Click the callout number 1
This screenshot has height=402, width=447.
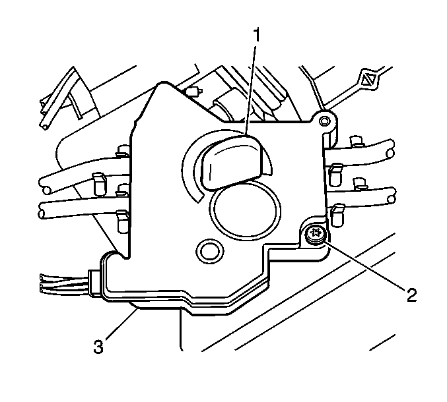[257, 35]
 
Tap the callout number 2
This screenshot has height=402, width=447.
[411, 295]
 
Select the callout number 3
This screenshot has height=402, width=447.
[98, 347]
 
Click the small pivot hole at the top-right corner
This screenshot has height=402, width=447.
[324, 121]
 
